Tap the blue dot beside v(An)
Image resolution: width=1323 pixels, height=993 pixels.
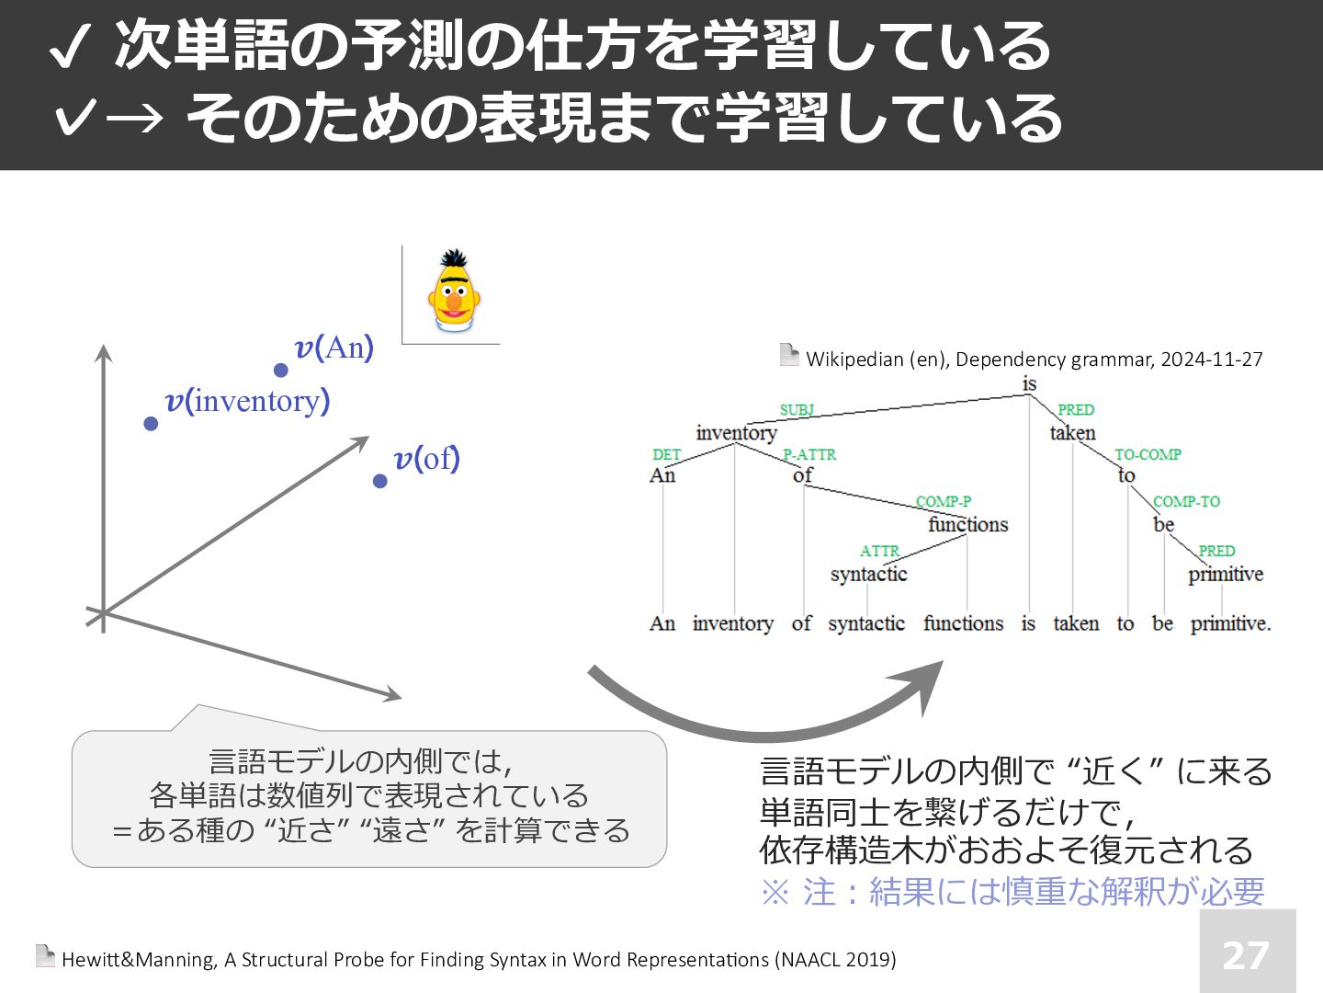pyautogui.click(x=281, y=370)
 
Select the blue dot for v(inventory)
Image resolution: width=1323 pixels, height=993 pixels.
pyautogui.click(x=151, y=423)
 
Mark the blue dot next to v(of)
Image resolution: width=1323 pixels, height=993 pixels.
pyautogui.click(x=379, y=481)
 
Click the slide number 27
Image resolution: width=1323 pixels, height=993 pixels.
pyautogui.click(x=1247, y=954)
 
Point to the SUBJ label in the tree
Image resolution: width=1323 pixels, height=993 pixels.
pyautogui.click(x=797, y=410)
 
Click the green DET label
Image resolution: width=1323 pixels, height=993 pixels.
pyautogui.click(x=666, y=454)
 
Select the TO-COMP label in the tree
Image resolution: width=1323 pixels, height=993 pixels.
pyautogui.click(x=1148, y=454)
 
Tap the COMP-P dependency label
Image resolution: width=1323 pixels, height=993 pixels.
pyautogui.click(x=943, y=501)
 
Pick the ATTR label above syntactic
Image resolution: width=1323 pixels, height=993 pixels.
pyautogui.click(x=879, y=551)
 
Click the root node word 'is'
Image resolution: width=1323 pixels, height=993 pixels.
pyautogui.click(x=1029, y=383)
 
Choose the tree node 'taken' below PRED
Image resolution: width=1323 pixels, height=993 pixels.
pyautogui.click(x=1073, y=433)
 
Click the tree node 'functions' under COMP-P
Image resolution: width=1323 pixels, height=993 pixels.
pyautogui.click(x=967, y=525)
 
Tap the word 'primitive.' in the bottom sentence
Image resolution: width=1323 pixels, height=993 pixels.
pyautogui.click(x=1230, y=623)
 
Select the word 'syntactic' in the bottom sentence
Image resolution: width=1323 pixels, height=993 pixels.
pyautogui.click(x=866, y=623)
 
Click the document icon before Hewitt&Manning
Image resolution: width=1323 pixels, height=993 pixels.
pyautogui.click(x=45, y=956)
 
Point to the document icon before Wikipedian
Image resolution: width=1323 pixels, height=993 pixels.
pyautogui.click(x=788, y=355)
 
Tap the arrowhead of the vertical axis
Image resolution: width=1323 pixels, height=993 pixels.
pyautogui.click(x=104, y=352)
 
